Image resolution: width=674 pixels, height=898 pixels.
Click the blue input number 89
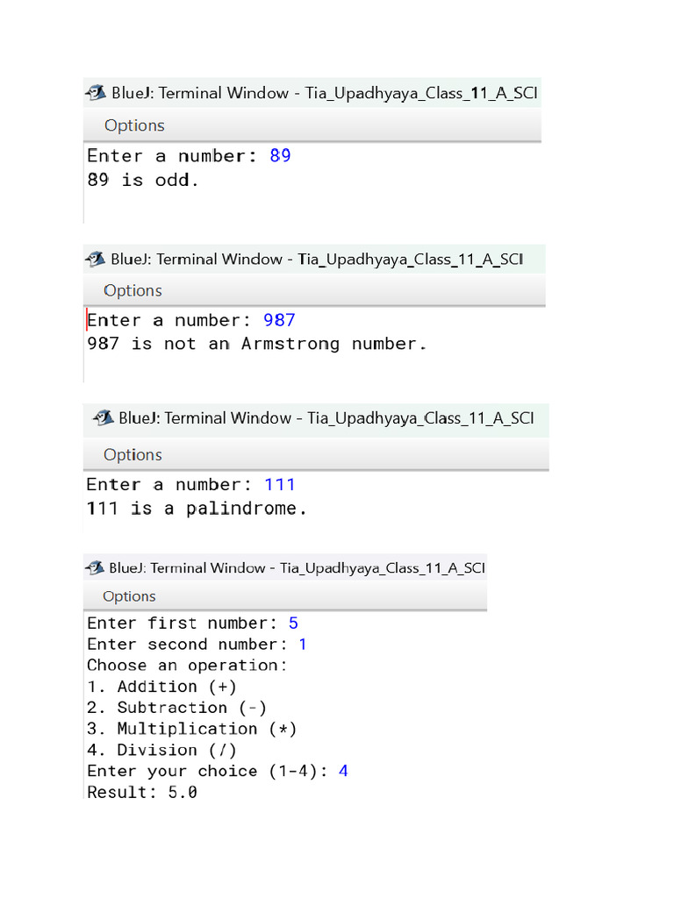coord(280,156)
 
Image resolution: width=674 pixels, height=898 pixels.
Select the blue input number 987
coord(279,320)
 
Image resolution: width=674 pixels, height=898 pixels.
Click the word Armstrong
coord(290,344)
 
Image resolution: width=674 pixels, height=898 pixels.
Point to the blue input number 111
coord(280,484)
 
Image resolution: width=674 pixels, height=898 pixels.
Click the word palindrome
coord(246,509)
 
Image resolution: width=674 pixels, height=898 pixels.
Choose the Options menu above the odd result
coord(134,125)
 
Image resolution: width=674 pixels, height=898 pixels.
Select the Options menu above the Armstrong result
coord(133,290)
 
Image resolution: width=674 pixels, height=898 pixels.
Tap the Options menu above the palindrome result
coord(133,454)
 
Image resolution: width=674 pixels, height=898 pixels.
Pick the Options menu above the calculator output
coord(129,596)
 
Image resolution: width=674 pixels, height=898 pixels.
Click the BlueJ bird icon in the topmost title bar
coord(95,92)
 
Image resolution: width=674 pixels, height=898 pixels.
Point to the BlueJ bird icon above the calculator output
coord(94,567)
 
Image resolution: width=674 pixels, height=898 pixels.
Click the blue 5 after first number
coord(293,624)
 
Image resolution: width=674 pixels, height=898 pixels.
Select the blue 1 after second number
coord(303,645)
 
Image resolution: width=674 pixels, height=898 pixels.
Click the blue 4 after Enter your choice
coord(343,771)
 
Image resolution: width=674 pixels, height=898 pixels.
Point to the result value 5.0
coord(183,792)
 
